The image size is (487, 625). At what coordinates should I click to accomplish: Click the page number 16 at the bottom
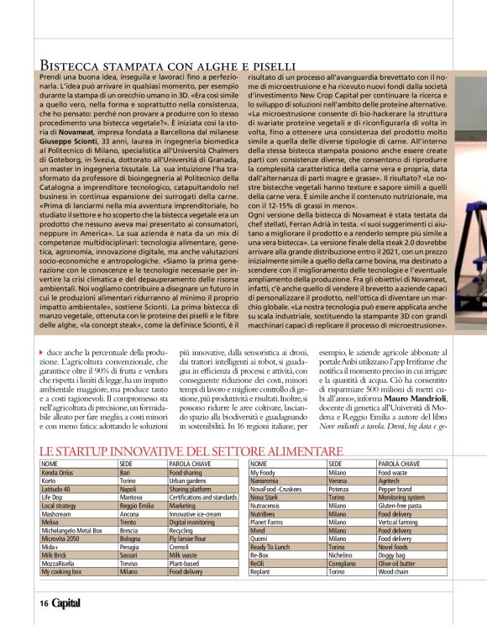(42, 603)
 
